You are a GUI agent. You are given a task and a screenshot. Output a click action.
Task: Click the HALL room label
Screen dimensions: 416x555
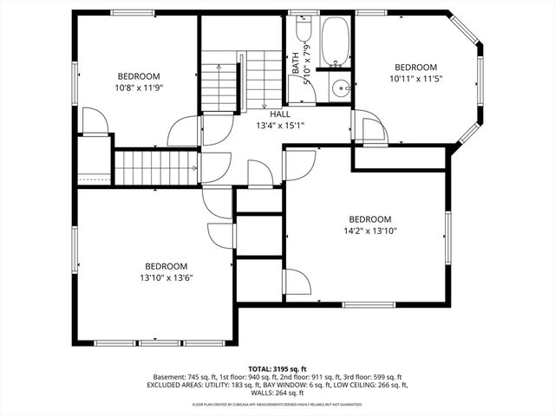pyautogui.click(x=279, y=114)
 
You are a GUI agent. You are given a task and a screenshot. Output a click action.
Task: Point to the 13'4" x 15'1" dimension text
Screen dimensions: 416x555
pyautogui.click(x=279, y=126)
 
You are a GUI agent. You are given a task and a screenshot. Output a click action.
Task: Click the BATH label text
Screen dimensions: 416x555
pyautogui.click(x=296, y=63)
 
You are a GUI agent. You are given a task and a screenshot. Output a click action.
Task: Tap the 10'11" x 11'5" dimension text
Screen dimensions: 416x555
pyautogui.click(x=415, y=79)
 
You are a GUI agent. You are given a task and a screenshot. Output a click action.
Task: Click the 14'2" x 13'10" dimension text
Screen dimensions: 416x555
pyautogui.click(x=369, y=231)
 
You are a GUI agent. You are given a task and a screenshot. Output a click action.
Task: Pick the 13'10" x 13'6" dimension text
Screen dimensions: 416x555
pyautogui.click(x=165, y=277)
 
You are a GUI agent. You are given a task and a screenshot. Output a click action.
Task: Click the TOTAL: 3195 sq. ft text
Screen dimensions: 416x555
pyautogui.click(x=277, y=368)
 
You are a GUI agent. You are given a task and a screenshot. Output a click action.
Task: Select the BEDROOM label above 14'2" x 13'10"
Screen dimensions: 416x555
pyautogui.click(x=369, y=219)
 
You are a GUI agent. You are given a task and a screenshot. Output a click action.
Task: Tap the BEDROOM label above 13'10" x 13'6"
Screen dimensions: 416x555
pyautogui.click(x=165, y=266)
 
